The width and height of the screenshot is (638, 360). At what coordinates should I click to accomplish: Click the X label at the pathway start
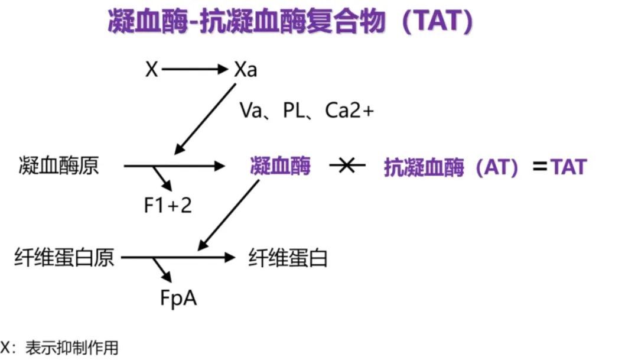(x=152, y=70)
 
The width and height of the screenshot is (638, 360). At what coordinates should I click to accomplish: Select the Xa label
(x=245, y=70)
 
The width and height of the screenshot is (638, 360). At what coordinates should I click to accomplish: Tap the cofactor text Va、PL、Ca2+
(x=307, y=111)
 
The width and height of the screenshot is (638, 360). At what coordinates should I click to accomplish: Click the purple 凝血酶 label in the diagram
(x=280, y=166)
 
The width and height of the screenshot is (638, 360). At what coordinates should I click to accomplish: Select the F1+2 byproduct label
(x=168, y=205)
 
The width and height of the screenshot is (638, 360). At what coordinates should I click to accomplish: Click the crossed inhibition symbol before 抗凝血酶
(x=348, y=166)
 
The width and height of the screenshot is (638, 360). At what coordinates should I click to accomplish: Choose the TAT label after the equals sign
(x=569, y=167)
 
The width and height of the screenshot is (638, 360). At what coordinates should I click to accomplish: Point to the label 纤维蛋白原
(x=64, y=258)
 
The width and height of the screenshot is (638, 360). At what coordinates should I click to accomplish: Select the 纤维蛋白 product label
(x=288, y=258)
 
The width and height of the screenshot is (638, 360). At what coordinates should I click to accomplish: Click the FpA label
(x=178, y=297)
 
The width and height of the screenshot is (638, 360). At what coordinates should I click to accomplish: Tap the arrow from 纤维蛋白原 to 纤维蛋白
(x=195, y=258)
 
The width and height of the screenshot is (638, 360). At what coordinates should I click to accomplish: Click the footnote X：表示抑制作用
(x=59, y=348)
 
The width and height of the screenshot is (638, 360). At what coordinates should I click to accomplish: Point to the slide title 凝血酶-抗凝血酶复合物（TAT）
(x=289, y=22)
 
